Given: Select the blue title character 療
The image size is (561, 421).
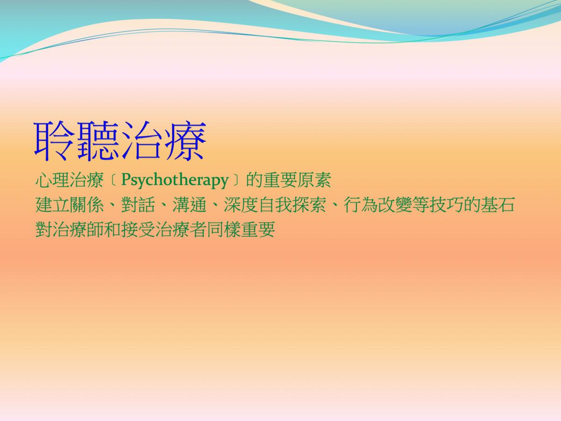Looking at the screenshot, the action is click(185, 141).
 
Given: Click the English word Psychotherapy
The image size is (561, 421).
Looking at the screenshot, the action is click(174, 181).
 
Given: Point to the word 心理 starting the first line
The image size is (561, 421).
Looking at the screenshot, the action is click(52, 180).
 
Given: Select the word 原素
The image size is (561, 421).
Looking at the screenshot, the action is click(314, 180).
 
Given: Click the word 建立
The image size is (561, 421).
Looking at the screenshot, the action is click(52, 205).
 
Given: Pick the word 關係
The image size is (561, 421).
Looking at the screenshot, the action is click(86, 205).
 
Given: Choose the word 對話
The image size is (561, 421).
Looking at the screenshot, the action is click(138, 205).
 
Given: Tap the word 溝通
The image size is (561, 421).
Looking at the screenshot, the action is click(189, 205).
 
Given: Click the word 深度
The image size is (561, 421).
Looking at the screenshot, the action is click(241, 205).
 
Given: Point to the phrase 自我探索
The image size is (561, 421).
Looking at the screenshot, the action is click(292, 205).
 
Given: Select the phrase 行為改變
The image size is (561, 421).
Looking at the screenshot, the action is click(378, 205).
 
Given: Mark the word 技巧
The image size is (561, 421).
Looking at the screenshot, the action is click(446, 205).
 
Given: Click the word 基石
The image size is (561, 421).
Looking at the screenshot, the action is click(497, 205).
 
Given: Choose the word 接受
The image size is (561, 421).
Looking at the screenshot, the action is click(138, 229).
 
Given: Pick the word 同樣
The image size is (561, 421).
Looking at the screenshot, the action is click(223, 229).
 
